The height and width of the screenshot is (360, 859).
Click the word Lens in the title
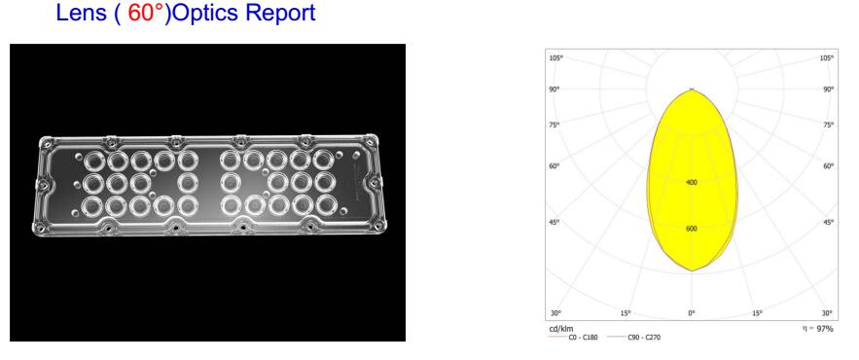tap(81, 14)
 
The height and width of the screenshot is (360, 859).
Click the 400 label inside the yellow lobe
tap(692, 183)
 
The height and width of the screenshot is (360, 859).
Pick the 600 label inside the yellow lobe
tap(692, 229)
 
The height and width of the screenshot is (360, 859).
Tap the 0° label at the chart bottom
tap(692, 313)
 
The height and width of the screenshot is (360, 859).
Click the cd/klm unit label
tap(561, 329)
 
